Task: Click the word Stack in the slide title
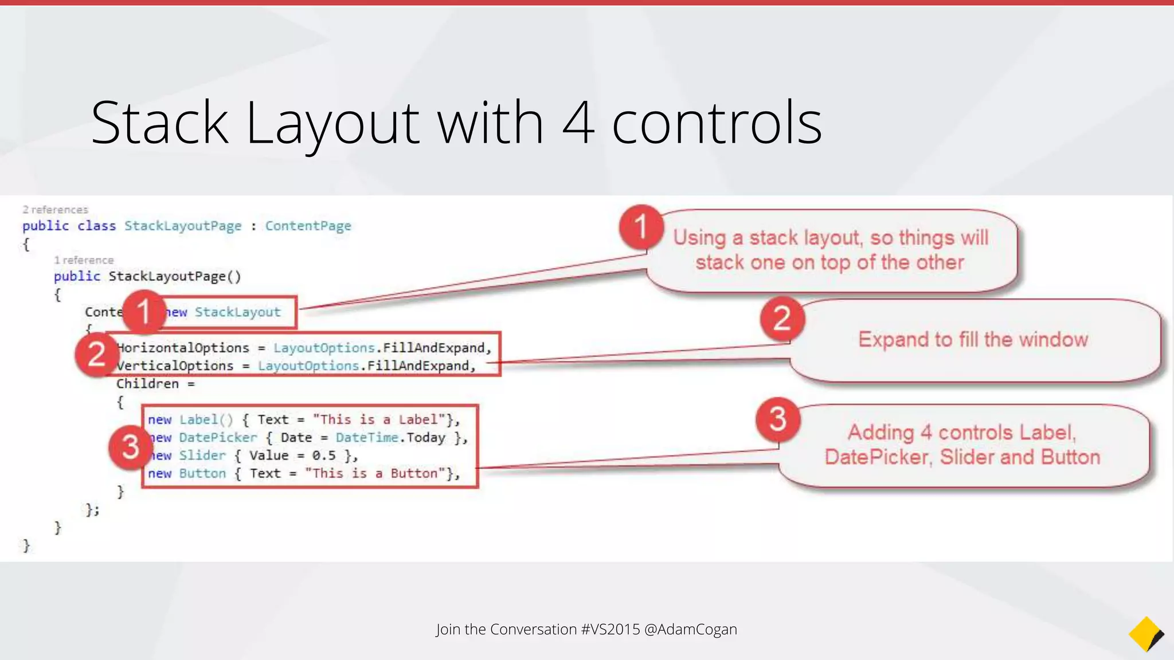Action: tap(160, 123)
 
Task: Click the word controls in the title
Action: tap(717, 123)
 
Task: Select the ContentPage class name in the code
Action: tap(308, 226)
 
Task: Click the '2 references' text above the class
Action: tap(55, 210)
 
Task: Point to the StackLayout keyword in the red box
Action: tap(237, 312)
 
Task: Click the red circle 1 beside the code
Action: tap(144, 312)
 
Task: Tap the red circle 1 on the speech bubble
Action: tap(641, 227)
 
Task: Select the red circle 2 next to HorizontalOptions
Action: tap(96, 355)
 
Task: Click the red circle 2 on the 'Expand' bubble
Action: tap(782, 319)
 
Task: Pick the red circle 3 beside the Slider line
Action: tap(130, 447)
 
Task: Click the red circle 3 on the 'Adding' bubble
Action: tap(778, 419)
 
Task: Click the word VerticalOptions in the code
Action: tap(175, 366)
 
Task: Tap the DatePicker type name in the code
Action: tap(218, 438)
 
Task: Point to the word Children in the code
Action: tap(147, 384)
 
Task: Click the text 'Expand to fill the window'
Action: tap(973, 340)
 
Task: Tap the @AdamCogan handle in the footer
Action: tap(690, 629)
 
